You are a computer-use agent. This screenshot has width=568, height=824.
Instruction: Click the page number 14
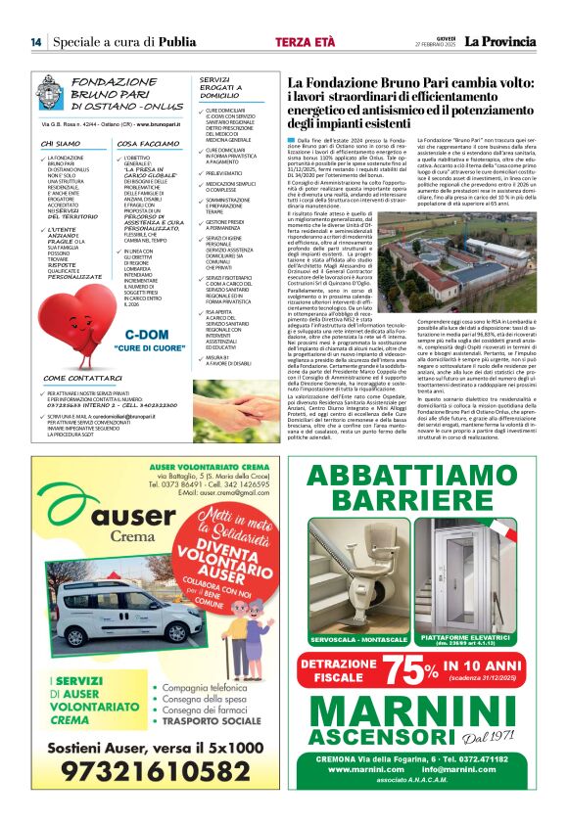pos(36,42)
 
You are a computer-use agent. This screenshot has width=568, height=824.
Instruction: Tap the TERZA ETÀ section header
pos(306,42)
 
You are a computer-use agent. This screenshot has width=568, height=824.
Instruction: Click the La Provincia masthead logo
pos(499,42)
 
